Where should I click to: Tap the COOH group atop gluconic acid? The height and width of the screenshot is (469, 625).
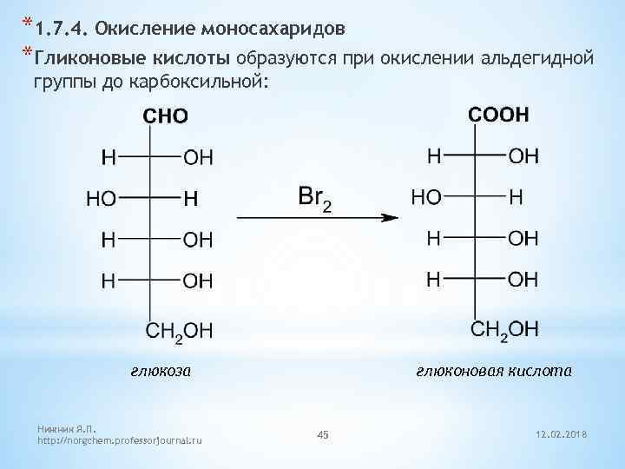click(499, 115)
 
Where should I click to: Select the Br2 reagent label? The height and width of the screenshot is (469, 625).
click(313, 197)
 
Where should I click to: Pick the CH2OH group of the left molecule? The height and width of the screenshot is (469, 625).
click(177, 330)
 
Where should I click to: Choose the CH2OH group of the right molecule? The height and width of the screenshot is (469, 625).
click(504, 328)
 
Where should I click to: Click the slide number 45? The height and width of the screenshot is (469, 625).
click(323, 433)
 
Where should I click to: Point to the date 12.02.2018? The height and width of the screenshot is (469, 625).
click(563, 433)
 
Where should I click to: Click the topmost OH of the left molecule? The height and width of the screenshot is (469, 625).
click(198, 158)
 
